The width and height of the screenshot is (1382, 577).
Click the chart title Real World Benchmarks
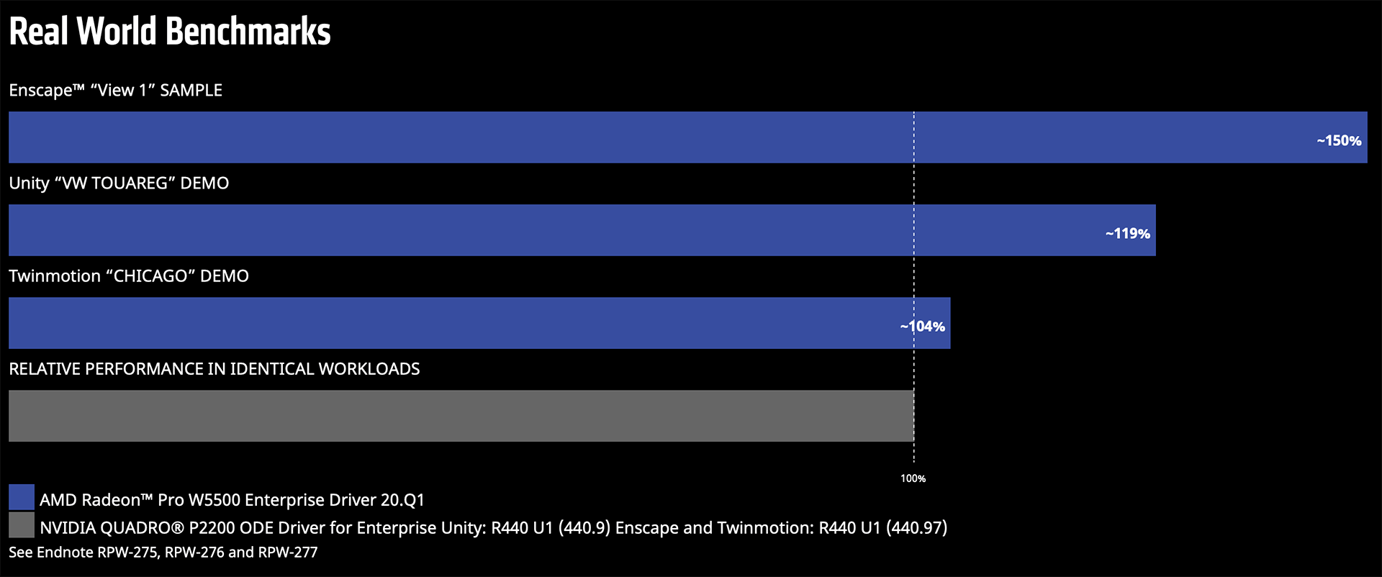(x=170, y=32)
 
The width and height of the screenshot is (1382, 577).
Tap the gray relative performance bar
(x=461, y=416)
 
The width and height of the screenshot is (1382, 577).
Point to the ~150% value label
(x=1339, y=141)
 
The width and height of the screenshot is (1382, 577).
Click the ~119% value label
(x=1127, y=234)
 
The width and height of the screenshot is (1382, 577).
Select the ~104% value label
(x=922, y=327)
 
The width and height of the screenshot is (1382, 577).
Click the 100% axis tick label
(x=913, y=478)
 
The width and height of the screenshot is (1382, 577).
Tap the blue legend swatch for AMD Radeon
(x=22, y=497)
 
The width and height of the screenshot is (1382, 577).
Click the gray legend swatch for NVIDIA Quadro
(x=22, y=525)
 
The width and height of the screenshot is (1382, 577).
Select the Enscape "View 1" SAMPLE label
(x=115, y=91)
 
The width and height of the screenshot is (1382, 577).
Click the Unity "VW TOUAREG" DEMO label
(x=119, y=183)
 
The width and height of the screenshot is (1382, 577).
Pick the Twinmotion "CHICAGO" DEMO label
(x=129, y=276)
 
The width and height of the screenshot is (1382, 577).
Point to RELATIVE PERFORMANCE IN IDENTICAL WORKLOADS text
(x=214, y=369)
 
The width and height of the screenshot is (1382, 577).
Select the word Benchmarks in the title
(x=248, y=32)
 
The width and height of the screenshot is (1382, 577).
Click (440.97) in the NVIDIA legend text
(x=916, y=528)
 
